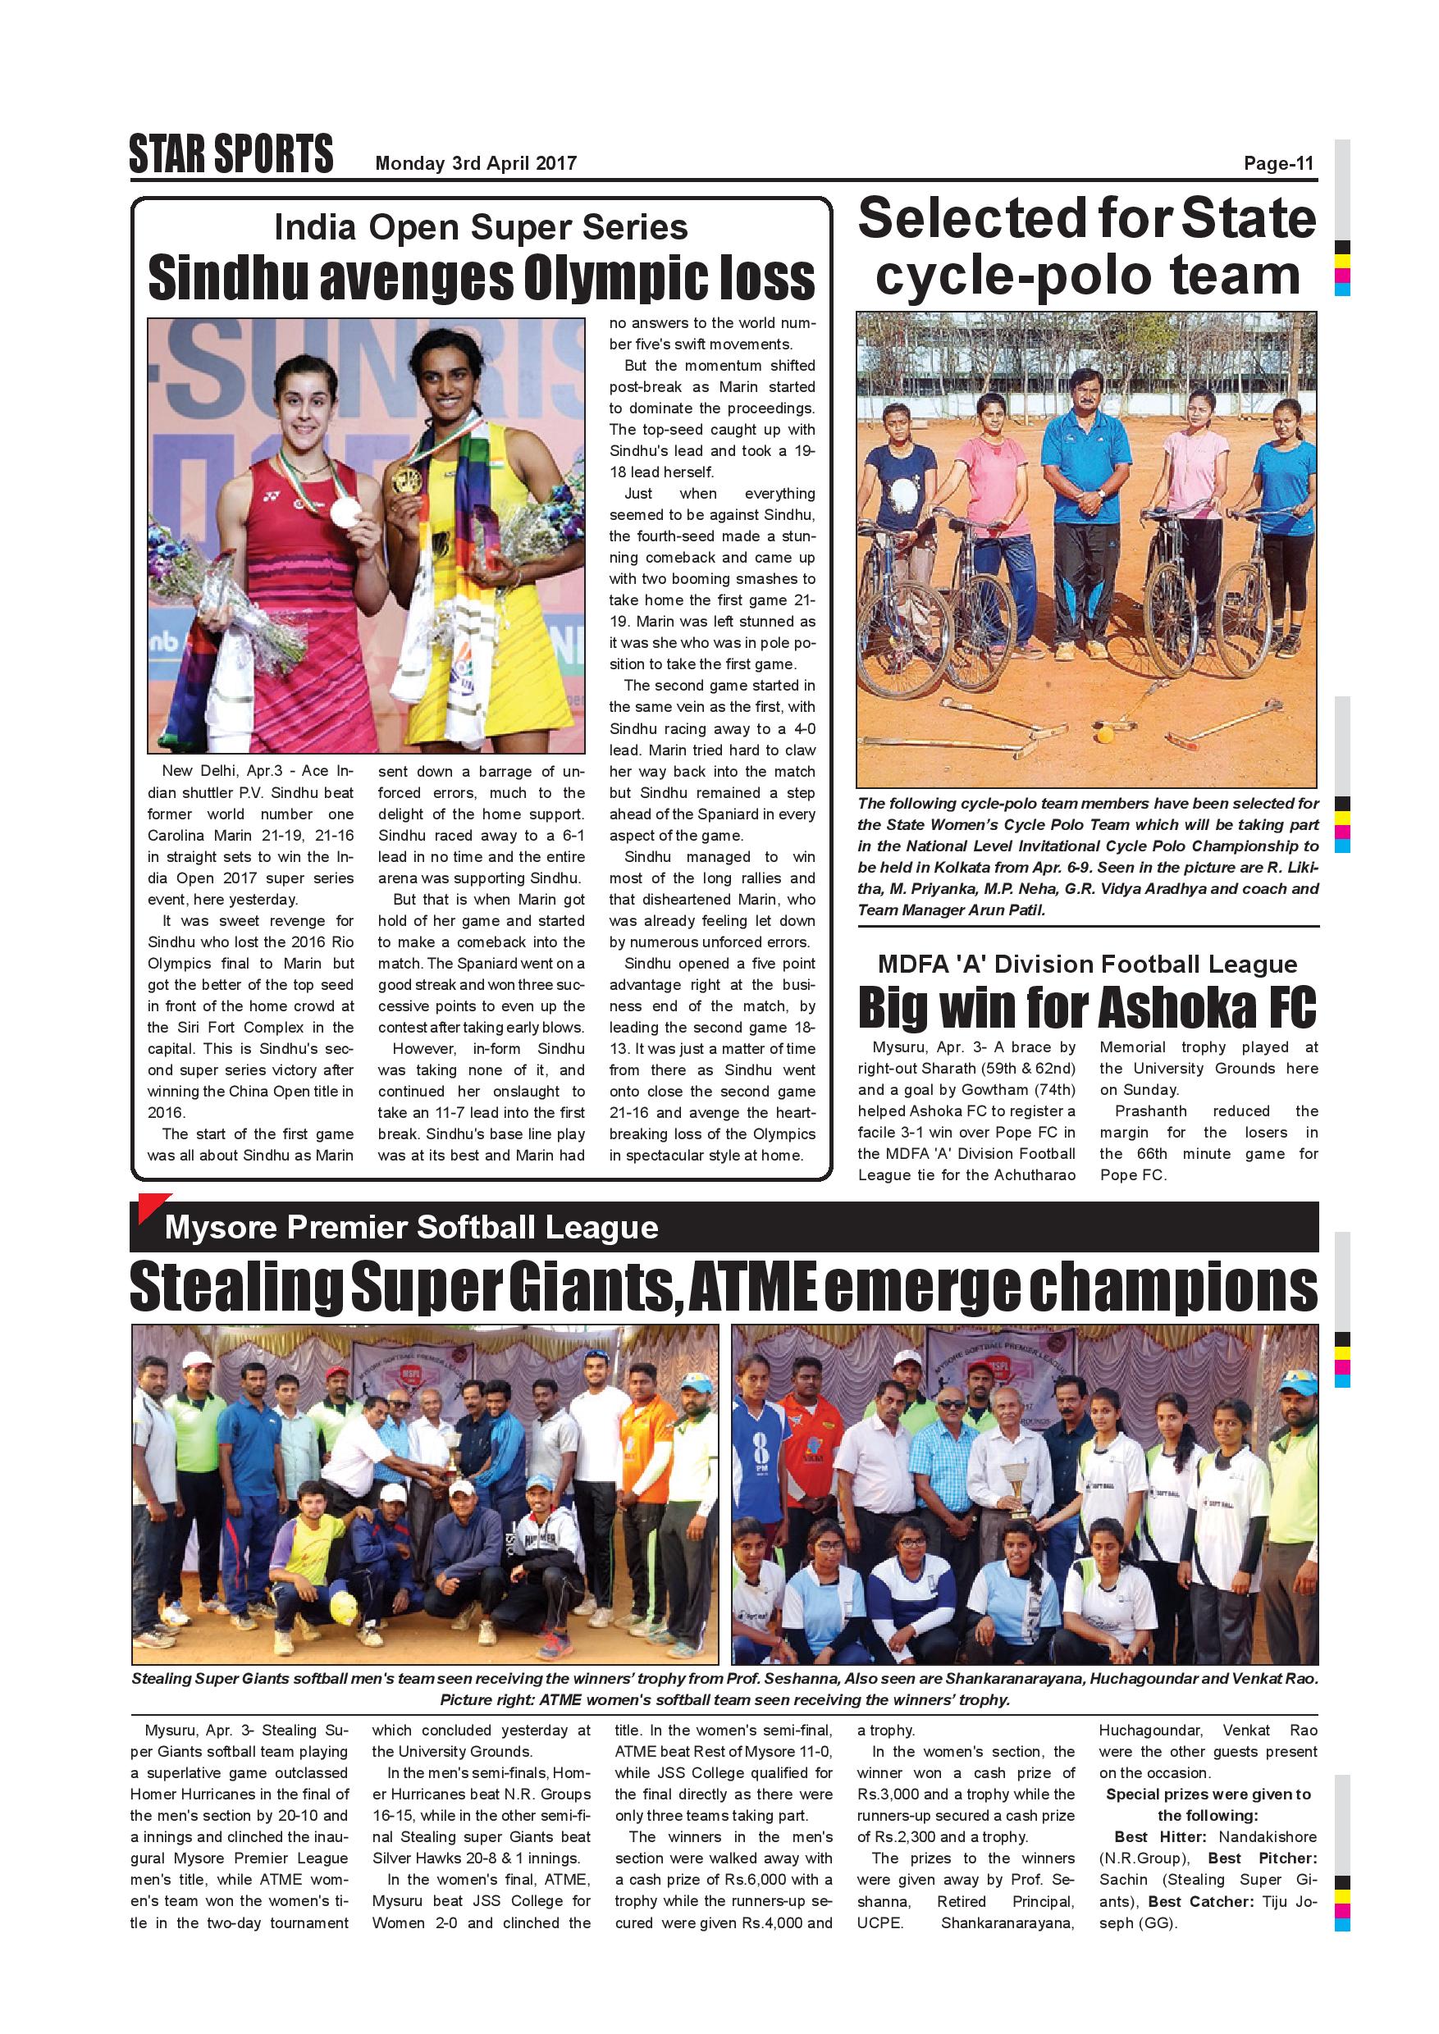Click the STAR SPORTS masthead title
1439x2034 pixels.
point(231,154)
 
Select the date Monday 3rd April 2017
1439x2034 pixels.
point(476,163)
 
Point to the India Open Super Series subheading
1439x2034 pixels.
point(480,228)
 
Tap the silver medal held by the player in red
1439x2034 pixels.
point(345,510)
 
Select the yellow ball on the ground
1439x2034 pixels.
point(1104,733)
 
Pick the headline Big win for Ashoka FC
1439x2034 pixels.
point(1087,1007)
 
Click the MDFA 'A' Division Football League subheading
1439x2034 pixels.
point(1087,964)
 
